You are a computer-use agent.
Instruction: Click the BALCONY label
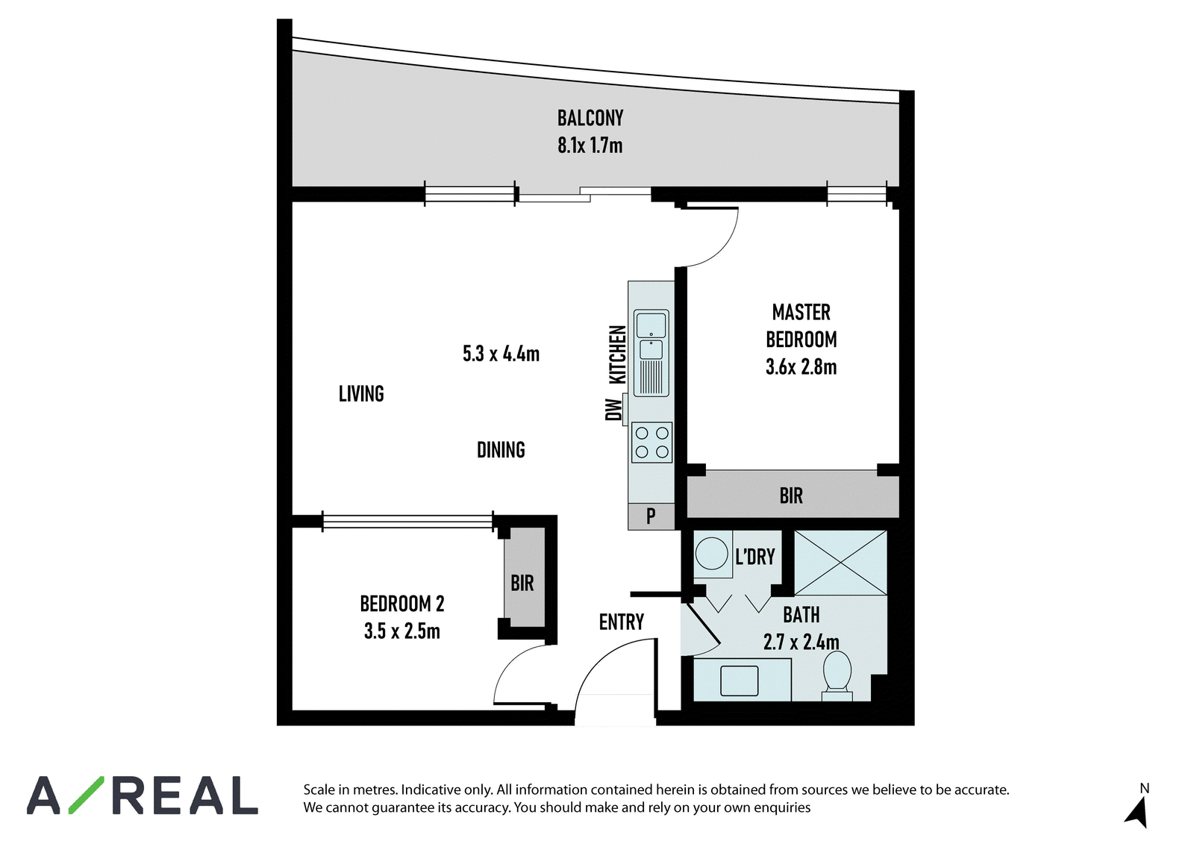pos(590,118)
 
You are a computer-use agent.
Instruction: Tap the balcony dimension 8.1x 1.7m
pos(590,146)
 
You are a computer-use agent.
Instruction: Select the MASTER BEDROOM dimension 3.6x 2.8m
pos(801,367)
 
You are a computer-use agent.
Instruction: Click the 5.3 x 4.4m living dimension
pos(501,354)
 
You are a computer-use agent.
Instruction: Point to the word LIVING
pos(361,394)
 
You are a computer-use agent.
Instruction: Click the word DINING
pos(501,450)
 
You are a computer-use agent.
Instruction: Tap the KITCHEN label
pos(617,354)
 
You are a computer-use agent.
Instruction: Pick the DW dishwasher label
pos(613,410)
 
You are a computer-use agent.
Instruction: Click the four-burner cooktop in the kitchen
pos(652,443)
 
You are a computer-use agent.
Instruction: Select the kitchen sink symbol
pos(651,353)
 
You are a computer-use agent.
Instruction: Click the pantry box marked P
pos(651,516)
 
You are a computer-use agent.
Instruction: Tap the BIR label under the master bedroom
pos(791,496)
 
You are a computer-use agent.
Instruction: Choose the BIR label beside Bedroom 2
pos(522,584)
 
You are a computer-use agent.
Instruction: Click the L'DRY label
pos(754,557)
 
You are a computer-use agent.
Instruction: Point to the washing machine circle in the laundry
pos(712,554)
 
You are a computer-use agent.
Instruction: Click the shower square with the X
pos(840,563)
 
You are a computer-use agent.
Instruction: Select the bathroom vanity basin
pos(740,681)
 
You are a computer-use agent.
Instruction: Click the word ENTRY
pos(622,622)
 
